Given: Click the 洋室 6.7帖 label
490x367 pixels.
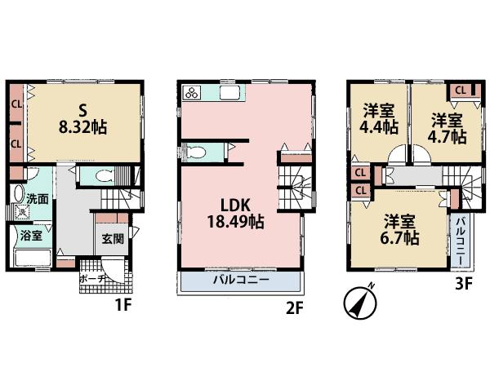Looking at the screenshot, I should coord(400,229).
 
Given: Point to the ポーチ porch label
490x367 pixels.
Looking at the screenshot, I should coord(91,278).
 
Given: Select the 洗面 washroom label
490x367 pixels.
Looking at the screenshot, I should coord(37,198).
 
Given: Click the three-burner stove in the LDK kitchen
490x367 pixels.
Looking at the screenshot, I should coord(193,93).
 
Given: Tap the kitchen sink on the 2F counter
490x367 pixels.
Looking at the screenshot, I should coord(228,92).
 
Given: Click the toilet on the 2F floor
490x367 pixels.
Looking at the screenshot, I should coord(199,151).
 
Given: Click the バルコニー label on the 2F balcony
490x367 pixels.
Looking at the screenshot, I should coord(242,280).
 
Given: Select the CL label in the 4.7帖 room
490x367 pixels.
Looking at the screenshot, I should coord(461,91).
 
